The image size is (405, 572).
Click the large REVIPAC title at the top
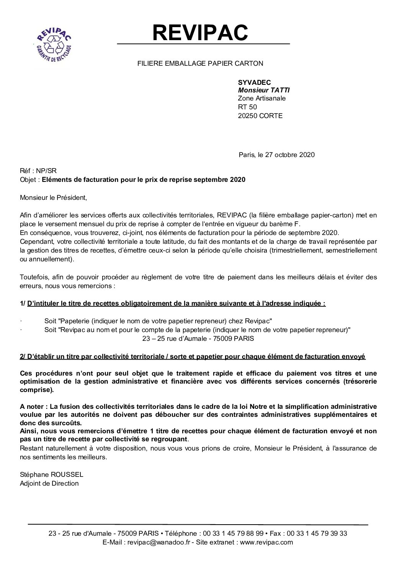pyautogui.click(x=201, y=32)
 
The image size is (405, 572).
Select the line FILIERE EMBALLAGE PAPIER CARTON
pyautogui.click(x=200, y=64)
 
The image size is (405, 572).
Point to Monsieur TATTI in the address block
pyautogui.click(x=264, y=90)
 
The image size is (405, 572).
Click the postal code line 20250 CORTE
pyautogui.click(x=260, y=115)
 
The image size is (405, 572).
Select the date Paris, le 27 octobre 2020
pyautogui.click(x=276, y=155)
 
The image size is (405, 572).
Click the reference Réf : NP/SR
pyautogui.click(x=38, y=171)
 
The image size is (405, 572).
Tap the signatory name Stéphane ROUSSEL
pyautogui.click(x=51, y=475)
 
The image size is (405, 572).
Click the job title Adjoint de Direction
pyautogui.click(x=49, y=483)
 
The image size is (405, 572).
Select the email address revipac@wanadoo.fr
pyautogui.click(x=158, y=542)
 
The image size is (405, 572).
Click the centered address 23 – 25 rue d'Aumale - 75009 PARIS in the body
pyautogui.click(x=198, y=338)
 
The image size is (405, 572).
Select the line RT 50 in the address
pyautogui.click(x=247, y=107)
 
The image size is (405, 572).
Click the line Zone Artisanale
pyautogui.click(x=261, y=99)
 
